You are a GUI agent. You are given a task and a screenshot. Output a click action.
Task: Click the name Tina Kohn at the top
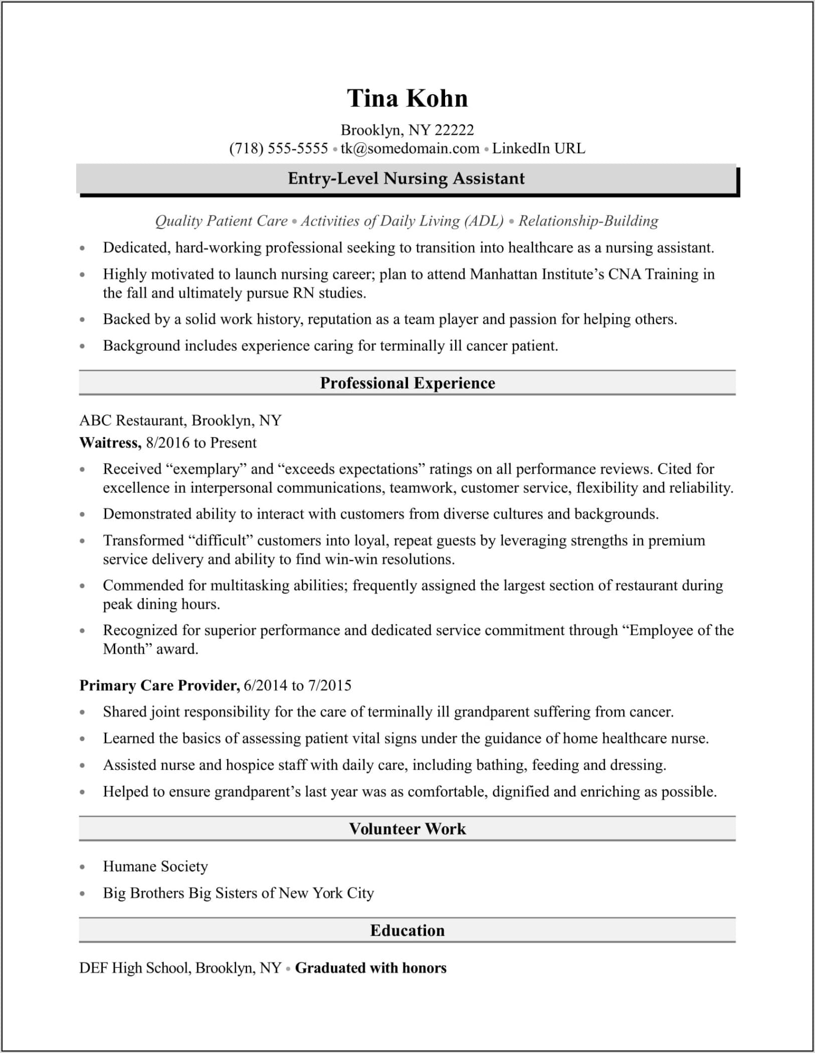(x=407, y=98)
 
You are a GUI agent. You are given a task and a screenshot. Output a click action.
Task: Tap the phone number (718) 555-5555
(x=278, y=148)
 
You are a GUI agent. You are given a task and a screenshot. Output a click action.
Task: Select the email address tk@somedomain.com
(x=410, y=148)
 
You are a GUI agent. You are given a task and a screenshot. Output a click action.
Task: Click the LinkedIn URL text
(x=538, y=148)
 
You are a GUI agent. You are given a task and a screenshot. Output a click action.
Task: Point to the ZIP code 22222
(x=454, y=130)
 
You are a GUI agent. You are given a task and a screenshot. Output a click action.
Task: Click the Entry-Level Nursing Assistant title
(x=406, y=178)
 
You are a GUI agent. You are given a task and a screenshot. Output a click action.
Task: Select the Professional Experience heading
(x=407, y=383)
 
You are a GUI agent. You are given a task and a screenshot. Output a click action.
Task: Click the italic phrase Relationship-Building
(x=588, y=221)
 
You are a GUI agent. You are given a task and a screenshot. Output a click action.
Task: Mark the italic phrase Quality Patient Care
(x=222, y=221)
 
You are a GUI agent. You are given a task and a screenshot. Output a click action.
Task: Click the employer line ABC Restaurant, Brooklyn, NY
(x=180, y=420)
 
